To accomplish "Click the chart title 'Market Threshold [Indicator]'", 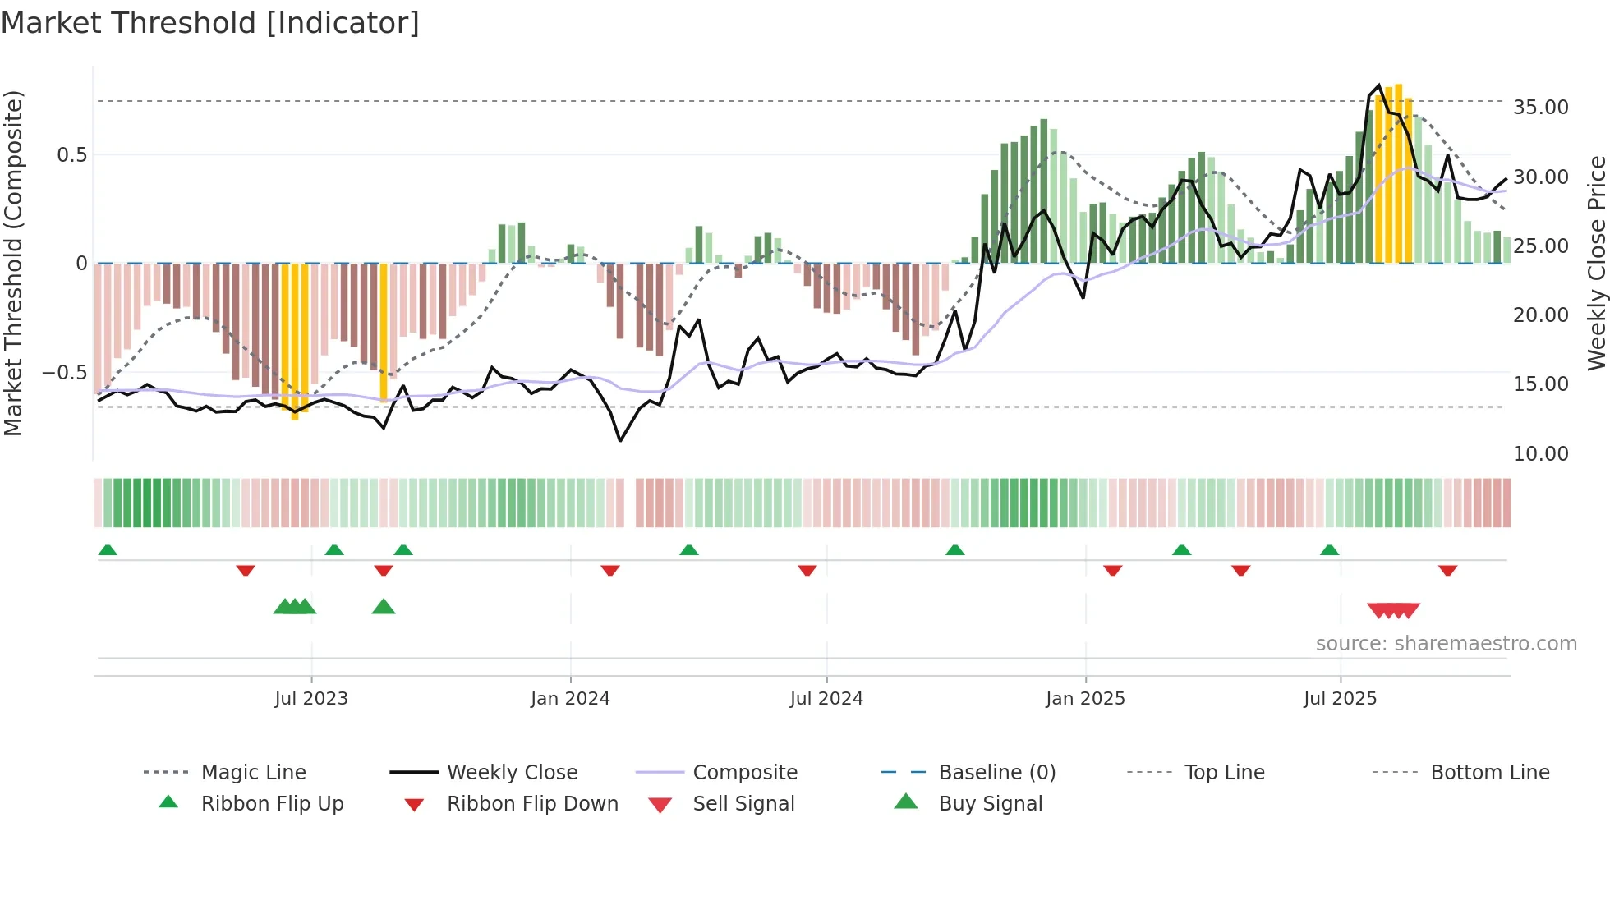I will [x=210, y=23].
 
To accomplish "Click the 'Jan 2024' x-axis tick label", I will [x=570, y=699].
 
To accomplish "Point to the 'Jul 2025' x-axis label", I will [x=1340, y=699].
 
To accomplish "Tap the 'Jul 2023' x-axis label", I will [x=311, y=699].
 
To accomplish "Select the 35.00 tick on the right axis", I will [x=1540, y=108].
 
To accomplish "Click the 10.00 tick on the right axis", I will [x=1540, y=454].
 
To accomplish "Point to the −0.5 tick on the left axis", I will [x=65, y=373].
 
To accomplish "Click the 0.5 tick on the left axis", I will [x=71, y=155].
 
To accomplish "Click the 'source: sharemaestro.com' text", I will [x=1446, y=644].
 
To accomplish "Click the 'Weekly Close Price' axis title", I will [x=1596, y=263].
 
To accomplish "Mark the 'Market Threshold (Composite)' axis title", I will [x=13, y=263].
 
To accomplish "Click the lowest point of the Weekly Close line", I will [x=620, y=441].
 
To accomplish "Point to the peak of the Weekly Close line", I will [x=1379, y=85].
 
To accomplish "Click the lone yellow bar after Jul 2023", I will [x=384, y=332].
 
